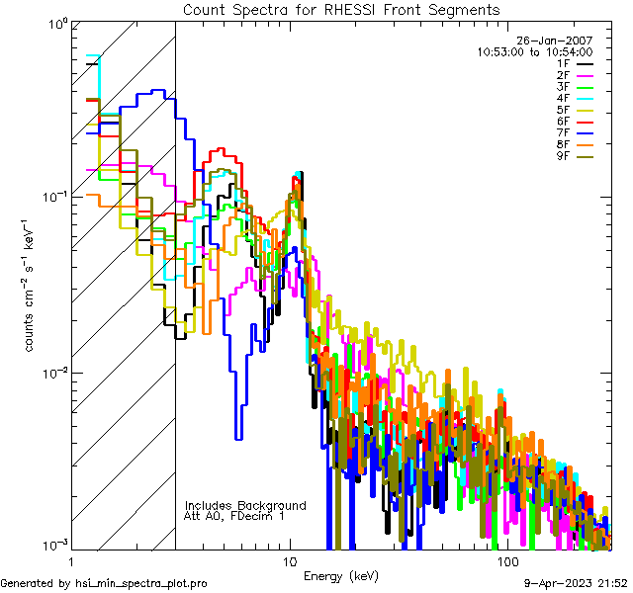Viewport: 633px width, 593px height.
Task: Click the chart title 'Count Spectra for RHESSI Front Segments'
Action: (x=341, y=9)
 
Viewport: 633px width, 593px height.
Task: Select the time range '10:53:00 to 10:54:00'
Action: (x=534, y=51)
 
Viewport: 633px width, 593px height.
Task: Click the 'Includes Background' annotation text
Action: (x=245, y=505)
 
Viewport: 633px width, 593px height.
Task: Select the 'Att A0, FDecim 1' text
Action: (x=234, y=516)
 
